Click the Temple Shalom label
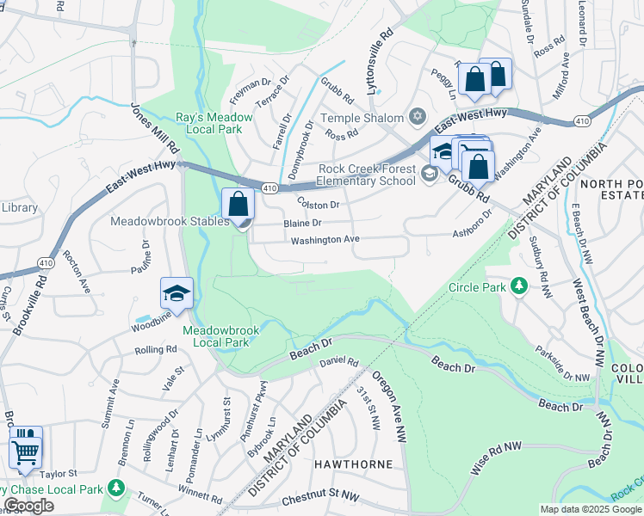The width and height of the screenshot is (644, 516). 362,118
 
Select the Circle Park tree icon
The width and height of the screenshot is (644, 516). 518,285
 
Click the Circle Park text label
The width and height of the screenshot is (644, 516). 478,286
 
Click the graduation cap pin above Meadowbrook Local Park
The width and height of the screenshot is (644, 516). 176,295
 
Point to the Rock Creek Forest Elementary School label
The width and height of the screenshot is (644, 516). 366,175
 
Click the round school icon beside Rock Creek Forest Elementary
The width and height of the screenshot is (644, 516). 429,175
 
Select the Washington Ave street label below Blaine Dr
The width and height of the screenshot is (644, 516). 325,240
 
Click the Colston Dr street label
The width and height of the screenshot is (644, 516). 319,205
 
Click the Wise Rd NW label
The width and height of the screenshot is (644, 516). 497,458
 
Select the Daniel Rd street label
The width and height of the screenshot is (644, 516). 338,362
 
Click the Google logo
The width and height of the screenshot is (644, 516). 28,506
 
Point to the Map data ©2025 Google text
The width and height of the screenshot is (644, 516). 590,509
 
